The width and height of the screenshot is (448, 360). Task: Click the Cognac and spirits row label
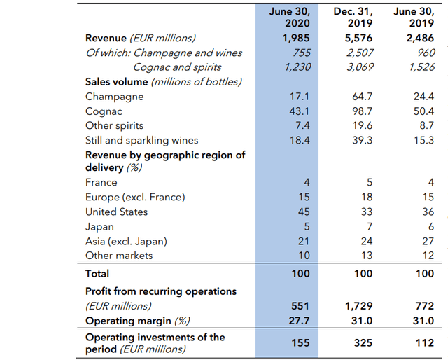[177, 67]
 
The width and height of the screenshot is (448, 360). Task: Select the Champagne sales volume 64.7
[363, 97]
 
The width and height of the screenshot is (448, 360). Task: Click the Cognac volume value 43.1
[300, 111]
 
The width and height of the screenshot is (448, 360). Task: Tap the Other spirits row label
[114, 126]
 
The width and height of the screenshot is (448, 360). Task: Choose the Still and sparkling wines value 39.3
[363, 141]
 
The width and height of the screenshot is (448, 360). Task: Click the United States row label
[116, 212]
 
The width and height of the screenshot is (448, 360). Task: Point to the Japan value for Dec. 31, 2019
[369, 227]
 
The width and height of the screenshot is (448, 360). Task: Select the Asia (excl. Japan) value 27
[428, 242]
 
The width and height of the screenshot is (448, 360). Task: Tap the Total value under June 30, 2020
[301, 274]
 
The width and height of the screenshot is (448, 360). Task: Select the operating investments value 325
[363, 343]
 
